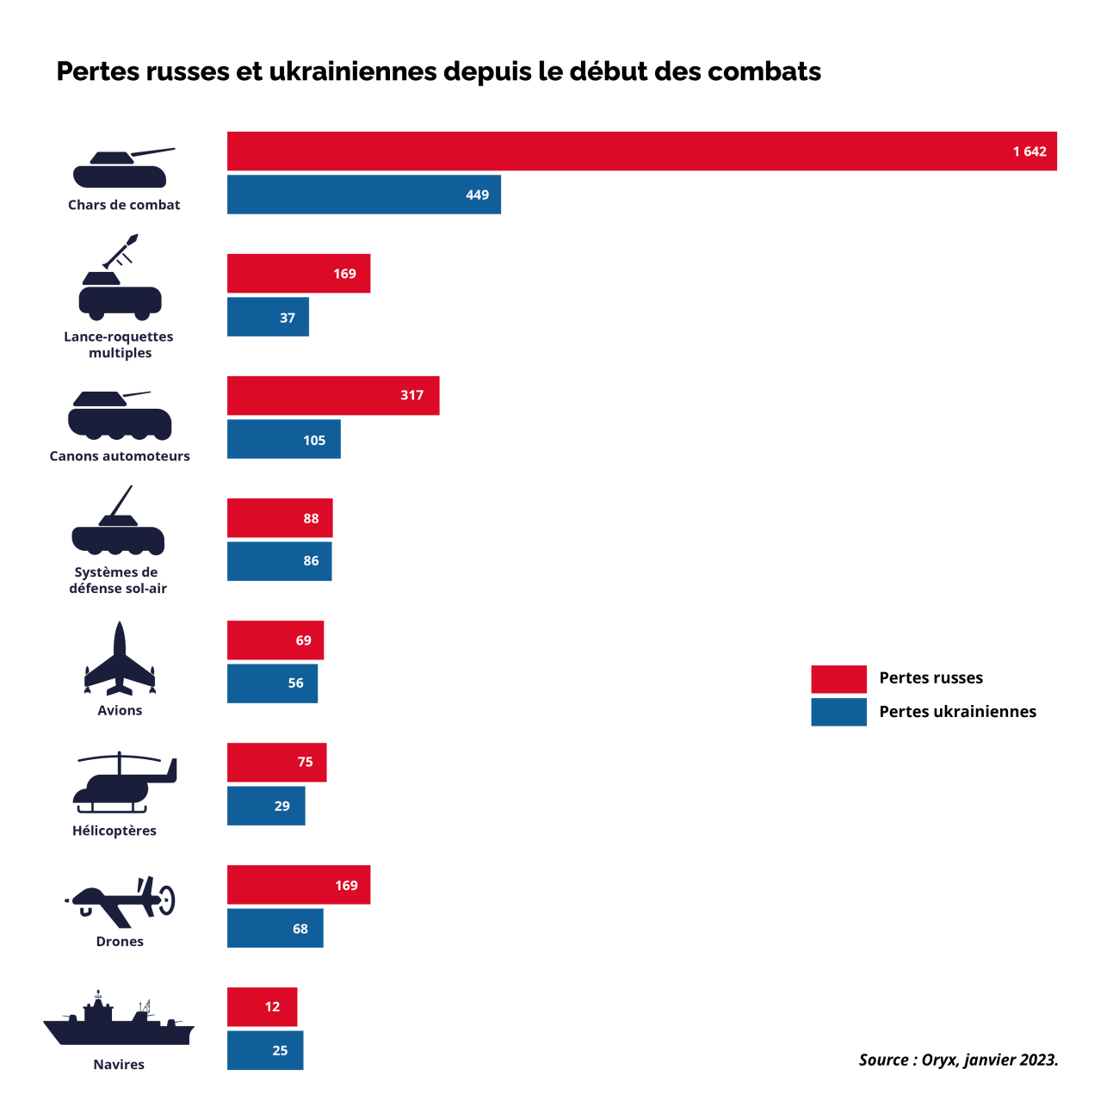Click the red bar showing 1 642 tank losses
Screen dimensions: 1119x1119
641,151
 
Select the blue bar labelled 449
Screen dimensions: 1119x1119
363,195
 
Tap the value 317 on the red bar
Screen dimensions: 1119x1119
411,396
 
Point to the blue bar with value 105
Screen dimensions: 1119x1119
283,440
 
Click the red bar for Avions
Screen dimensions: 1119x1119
275,640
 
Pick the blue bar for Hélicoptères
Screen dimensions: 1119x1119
265,807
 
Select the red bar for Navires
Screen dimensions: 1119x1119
262,1007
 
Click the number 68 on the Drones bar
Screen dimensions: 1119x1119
300,930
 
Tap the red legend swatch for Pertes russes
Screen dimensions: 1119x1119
838,679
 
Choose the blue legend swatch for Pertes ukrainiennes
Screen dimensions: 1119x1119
838,712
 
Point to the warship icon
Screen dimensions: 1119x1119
119,1020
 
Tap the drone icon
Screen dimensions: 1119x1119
121,900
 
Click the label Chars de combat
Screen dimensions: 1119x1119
124,205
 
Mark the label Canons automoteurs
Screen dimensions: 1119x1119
120,456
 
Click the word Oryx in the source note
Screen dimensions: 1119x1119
939,1060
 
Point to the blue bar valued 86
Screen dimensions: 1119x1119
279,561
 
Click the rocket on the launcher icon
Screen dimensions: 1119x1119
121,250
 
